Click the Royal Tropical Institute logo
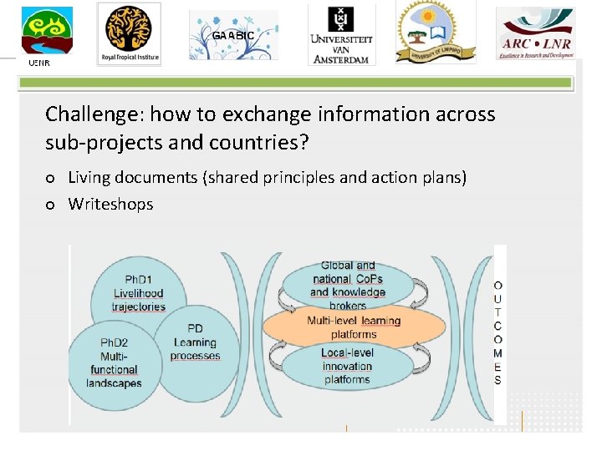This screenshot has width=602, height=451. (129, 33)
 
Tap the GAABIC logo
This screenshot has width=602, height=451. (233, 36)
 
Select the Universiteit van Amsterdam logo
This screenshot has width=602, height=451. (341, 35)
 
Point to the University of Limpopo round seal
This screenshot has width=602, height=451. (435, 33)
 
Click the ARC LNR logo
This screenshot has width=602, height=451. (536, 33)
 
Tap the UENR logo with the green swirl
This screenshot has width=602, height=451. (47, 33)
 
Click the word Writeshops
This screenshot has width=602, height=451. (110, 204)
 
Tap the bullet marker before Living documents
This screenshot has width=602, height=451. (51, 178)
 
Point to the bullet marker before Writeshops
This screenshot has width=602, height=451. (51, 205)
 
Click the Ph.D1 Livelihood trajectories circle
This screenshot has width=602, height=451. (140, 292)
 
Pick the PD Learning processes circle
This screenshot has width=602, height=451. (196, 343)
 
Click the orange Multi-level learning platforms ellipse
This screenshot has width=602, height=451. (354, 327)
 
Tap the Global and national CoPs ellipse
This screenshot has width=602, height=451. (348, 282)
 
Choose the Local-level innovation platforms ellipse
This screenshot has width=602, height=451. (348, 367)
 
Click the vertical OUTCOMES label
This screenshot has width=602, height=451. (498, 332)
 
